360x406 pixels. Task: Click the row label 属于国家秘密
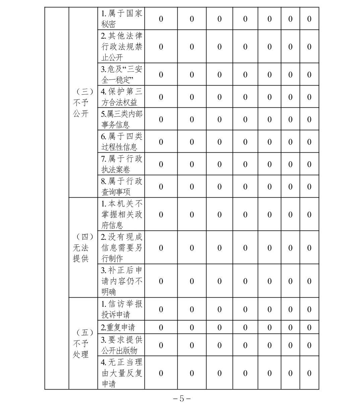pos(121,19)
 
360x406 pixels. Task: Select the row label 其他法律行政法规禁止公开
pos(121,47)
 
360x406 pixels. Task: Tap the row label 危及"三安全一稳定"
pos(121,74)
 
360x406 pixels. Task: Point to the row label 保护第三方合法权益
pos(121,97)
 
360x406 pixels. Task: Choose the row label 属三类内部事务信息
pos(121,119)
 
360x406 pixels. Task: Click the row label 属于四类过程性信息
pos(121,142)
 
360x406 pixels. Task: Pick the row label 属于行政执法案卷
pos(121,164)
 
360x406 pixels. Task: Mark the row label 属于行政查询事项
pos(121,187)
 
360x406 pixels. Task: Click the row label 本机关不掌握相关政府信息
pos(121,214)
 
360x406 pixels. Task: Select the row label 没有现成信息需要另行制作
pos(121,248)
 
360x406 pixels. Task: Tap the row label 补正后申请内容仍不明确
pos(121,281)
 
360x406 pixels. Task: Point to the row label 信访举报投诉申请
pos(121,309)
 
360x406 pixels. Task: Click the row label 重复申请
pos(118,327)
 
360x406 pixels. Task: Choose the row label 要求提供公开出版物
pos(121,345)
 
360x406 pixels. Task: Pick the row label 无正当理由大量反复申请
pos(121,373)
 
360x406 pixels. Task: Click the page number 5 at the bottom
pos(182,399)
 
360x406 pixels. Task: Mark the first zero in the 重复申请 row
pos(161,327)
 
